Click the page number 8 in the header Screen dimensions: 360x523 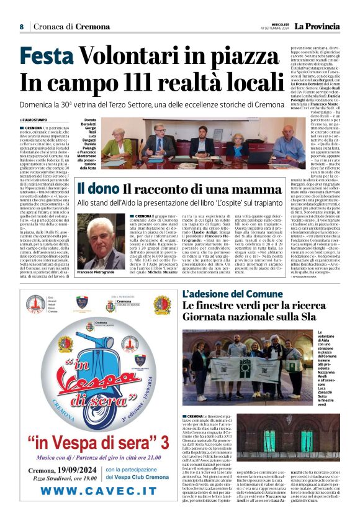(21, 27)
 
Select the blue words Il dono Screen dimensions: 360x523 (97, 188)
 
